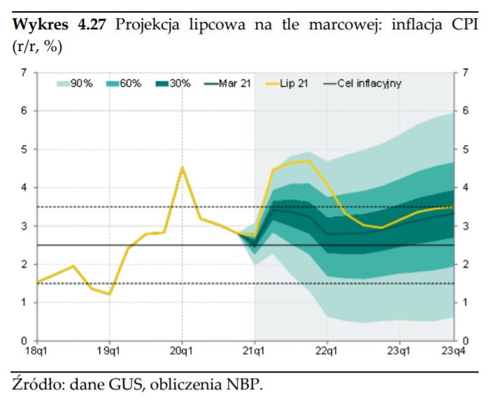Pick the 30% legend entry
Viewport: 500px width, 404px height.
pos(173,83)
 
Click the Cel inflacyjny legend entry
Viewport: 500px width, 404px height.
pos(362,83)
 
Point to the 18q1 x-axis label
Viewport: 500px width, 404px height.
pos(37,349)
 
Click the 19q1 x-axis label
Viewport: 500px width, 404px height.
pos(109,349)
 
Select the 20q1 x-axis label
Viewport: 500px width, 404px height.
pos(182,349)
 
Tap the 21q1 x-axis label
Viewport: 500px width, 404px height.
pos(254,349)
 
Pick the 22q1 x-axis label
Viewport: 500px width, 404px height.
pos(327,349)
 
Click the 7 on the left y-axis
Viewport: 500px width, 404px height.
pos(25,72)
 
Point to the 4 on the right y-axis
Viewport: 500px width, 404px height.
pos(464,188)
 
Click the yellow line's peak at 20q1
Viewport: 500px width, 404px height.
pos(182,168)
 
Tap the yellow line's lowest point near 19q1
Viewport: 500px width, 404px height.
pos(109,294)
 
